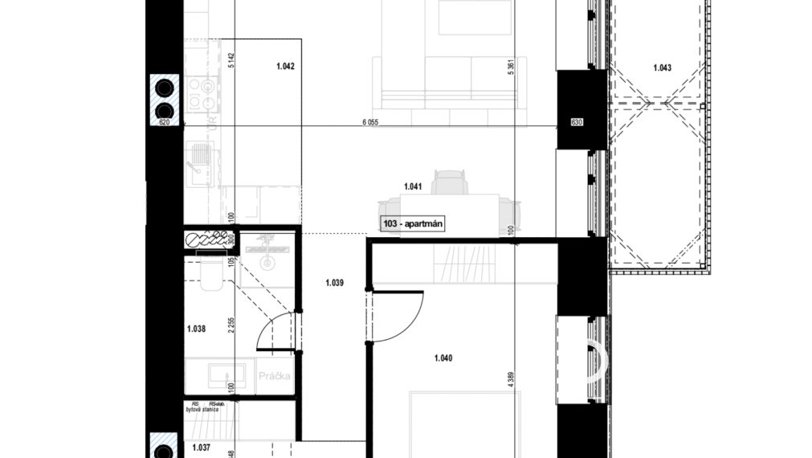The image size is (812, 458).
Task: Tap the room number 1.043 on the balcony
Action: coord(662,67)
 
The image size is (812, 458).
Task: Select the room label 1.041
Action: coord(414,186)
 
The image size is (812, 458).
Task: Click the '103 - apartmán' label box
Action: coord(414,225)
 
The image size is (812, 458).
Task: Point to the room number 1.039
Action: coord(334,282)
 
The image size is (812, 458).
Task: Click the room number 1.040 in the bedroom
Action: coord(443,358)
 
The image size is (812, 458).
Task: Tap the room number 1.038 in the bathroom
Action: coord(196,328)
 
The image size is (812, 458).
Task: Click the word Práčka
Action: coord(274,376)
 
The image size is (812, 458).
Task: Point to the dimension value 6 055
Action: coord(369,121)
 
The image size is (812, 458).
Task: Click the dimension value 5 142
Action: coord(231,62)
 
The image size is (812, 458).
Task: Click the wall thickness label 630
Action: coord(575,122)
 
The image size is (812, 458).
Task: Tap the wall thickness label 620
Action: coord(165,122)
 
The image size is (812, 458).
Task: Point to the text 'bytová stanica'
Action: coord(202,410)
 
